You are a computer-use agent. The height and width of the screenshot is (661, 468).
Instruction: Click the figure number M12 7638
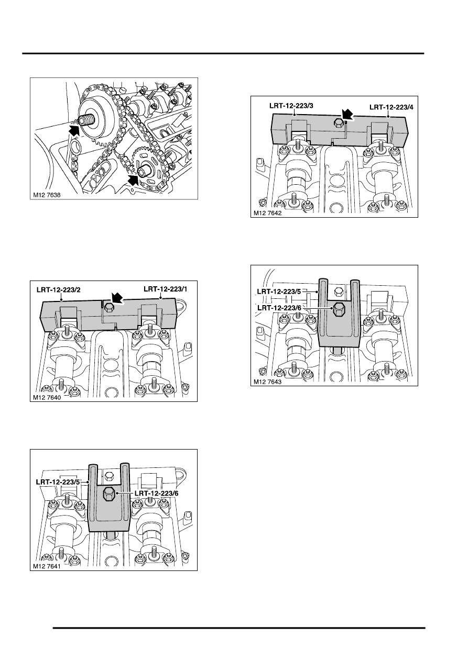[47, 195]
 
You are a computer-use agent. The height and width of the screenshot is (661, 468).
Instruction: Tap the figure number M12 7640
[47, 397]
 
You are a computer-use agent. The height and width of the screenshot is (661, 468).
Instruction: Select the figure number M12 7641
[47, 566]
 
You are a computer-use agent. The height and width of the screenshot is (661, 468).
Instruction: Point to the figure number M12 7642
[268, 213]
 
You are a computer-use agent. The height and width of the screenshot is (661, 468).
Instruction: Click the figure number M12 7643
[268, 382]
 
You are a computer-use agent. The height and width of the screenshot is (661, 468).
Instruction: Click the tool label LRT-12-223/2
[59, 290]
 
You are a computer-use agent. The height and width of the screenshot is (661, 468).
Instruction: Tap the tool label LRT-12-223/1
[166, 289]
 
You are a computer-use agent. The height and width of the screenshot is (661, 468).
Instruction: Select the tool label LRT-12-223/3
[291, 105]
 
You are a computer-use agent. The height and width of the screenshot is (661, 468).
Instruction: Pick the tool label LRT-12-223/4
[391, 107]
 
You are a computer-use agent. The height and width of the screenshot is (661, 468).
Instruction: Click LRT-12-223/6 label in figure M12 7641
[156, 493]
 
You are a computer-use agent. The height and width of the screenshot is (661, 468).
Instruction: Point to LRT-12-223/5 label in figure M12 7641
[58, 482]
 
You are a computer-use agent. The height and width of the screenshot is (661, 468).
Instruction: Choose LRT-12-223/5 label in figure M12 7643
[279, 292]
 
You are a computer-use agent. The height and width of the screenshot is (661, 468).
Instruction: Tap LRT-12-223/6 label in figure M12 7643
[279, 308]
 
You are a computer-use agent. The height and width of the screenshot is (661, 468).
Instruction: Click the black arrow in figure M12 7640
[117, 298]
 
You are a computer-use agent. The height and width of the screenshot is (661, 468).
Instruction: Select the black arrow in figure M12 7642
[346, 113]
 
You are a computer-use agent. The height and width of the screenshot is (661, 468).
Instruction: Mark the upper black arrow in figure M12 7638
[74, 130]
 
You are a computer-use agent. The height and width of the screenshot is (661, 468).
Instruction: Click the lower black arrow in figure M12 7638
[133, 180]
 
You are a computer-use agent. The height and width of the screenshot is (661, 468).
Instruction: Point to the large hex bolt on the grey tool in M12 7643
[339, 309]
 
